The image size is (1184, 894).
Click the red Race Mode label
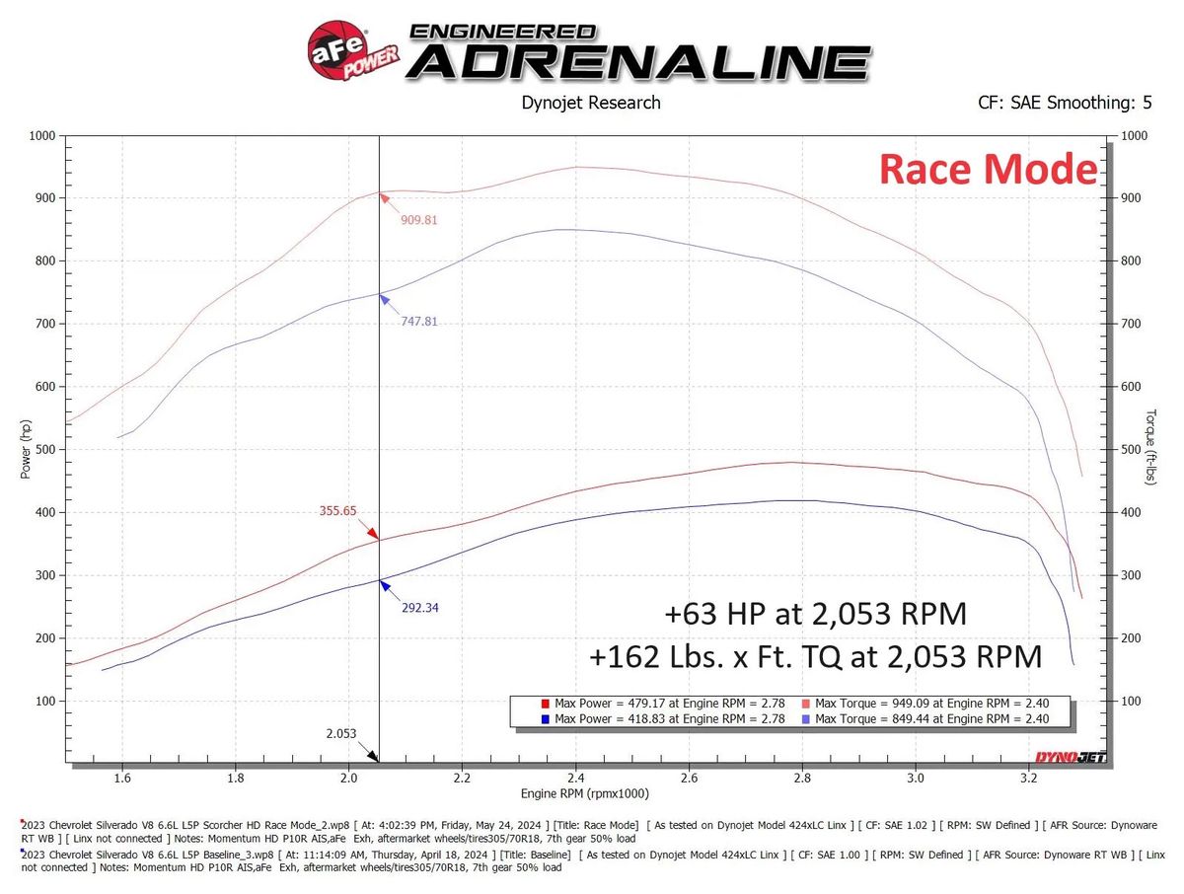point(988,170)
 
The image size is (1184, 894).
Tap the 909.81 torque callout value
point(418,219)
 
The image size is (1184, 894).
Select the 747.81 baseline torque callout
point(419,321)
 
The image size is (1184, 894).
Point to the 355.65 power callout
point(337,511)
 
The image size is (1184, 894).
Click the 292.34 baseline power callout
point(419,608)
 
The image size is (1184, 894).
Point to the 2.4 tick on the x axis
point(576,778)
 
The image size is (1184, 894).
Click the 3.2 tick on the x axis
point(1029,778)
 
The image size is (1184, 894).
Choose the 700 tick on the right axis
point(1132,324)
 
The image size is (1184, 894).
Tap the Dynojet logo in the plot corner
point(1070,757)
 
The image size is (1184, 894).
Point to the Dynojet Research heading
point(590,102)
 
